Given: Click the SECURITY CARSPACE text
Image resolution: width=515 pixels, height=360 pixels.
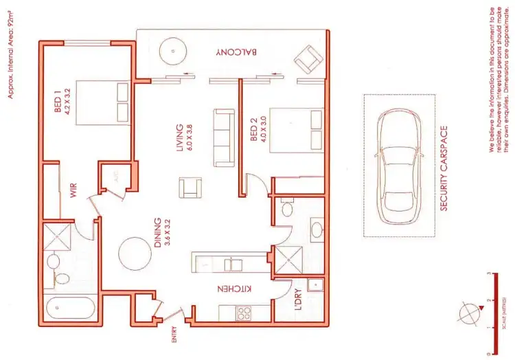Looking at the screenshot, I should pos(444,168).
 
